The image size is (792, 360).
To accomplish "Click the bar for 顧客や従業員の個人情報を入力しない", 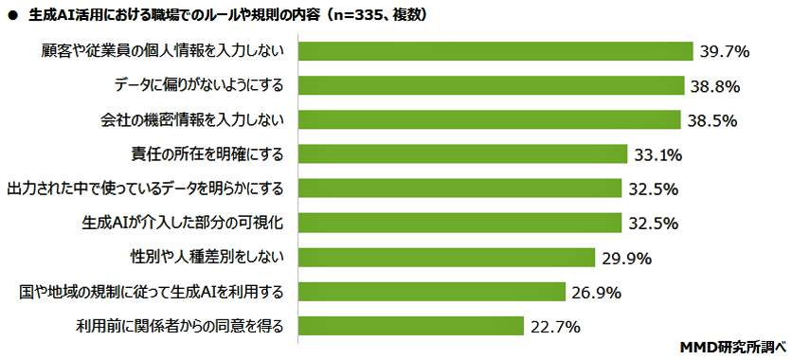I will tap(497, 50).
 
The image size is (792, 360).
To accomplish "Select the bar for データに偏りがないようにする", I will tap(494, 84).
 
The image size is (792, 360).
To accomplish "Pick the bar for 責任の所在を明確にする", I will tap(465, 153).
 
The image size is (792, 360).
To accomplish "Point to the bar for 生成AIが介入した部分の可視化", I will tap(462, 223).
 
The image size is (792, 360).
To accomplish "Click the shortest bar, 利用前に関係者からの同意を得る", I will tap(413, 326).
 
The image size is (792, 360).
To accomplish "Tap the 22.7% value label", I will tap(554, 327).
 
